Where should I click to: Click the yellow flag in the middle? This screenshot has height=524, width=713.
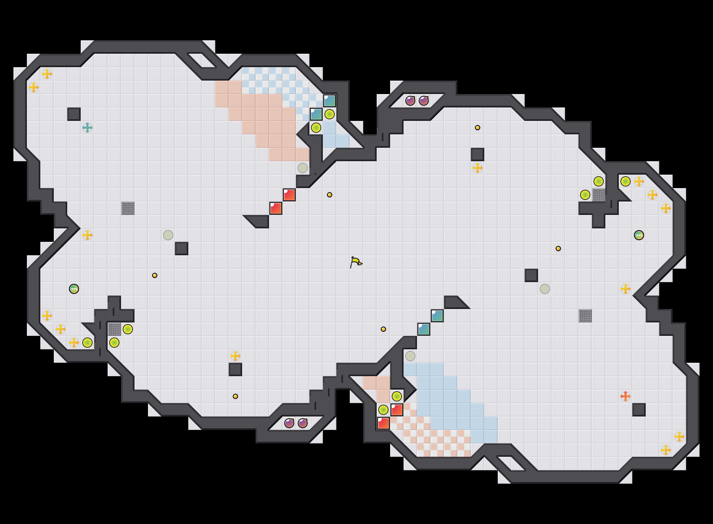(356, 262)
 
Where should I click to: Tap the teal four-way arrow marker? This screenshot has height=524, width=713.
(87, 128)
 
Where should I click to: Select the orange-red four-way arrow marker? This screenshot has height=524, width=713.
(626, 396)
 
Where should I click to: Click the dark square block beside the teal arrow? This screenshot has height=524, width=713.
(74, 114)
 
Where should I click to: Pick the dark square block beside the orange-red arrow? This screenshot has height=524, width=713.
(639, 410)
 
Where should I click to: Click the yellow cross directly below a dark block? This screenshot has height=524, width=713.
(478, 168)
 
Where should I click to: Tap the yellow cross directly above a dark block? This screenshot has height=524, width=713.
(235, 356)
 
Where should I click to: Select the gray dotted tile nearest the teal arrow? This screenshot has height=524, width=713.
(128, 208)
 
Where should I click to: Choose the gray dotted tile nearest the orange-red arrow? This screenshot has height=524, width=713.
(585, 316)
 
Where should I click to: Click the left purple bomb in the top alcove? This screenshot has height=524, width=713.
(410, 101)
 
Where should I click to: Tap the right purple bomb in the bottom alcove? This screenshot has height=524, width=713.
(303, 423)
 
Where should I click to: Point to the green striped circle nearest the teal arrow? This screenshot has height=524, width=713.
(74, 289)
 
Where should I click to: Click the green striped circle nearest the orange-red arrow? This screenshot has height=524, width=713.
(639, 235)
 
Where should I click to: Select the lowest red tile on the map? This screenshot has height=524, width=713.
(383, 423)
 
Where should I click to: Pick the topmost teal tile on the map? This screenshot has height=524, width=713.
(330, 101)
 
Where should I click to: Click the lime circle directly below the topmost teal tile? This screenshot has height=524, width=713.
(330, 114)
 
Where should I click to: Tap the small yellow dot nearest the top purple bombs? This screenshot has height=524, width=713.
(478, 128)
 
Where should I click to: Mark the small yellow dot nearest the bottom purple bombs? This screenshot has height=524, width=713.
(235, 396)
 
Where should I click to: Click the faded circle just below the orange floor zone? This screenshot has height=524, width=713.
(303, 168)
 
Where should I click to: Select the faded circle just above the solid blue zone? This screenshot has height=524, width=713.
(410, 356)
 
